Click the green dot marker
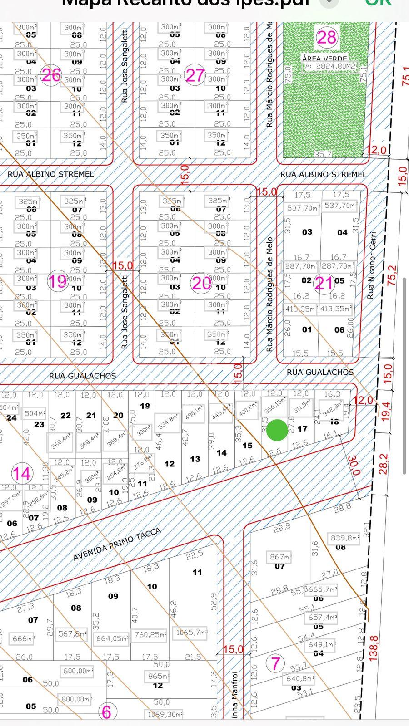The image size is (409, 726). point(277,430)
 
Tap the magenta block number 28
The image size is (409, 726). point(326,37)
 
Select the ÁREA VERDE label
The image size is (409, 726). point(324,59)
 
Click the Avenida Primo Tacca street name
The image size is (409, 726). point(117,544)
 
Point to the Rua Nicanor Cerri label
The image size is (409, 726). point(372,265)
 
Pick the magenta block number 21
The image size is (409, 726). point(324,283)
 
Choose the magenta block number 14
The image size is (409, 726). point(21,473)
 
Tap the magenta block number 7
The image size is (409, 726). point(275,663)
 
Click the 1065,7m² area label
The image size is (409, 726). point(191,632)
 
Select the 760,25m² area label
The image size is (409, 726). point(150,634)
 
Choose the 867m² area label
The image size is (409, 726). point(279,557)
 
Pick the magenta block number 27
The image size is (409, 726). point(195,75)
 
